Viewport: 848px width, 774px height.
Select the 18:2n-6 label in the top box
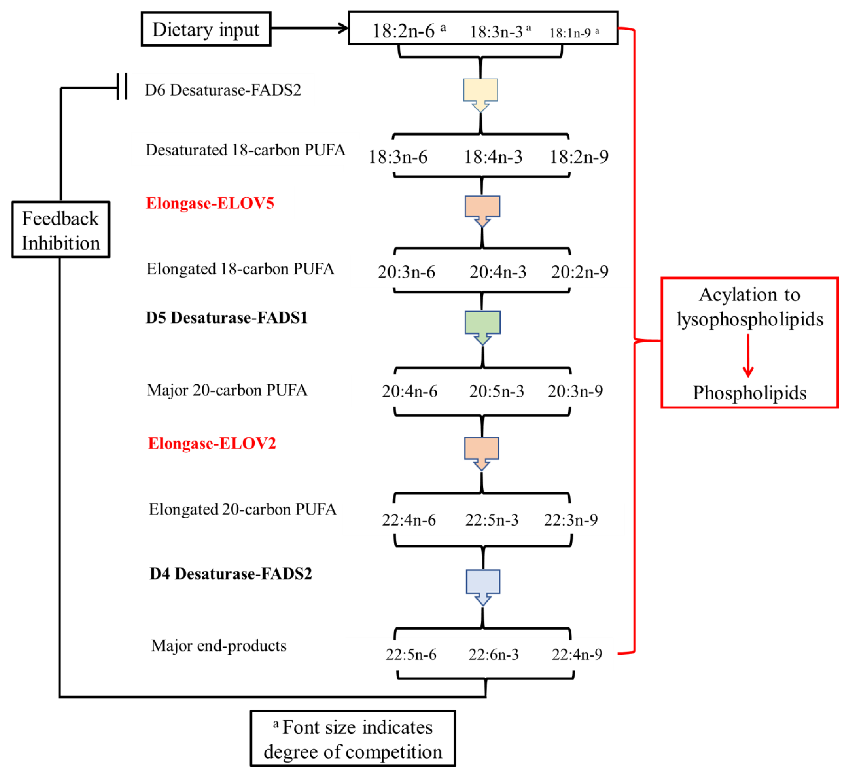coord(404,31)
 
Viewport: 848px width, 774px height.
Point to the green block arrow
coord(482,326)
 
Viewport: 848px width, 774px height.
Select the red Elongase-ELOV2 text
coord(212,443)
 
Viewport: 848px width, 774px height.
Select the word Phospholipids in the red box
coord(750,393)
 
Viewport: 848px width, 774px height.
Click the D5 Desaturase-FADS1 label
coord(227,317)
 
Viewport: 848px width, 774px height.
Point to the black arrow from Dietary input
coord(309,28)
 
